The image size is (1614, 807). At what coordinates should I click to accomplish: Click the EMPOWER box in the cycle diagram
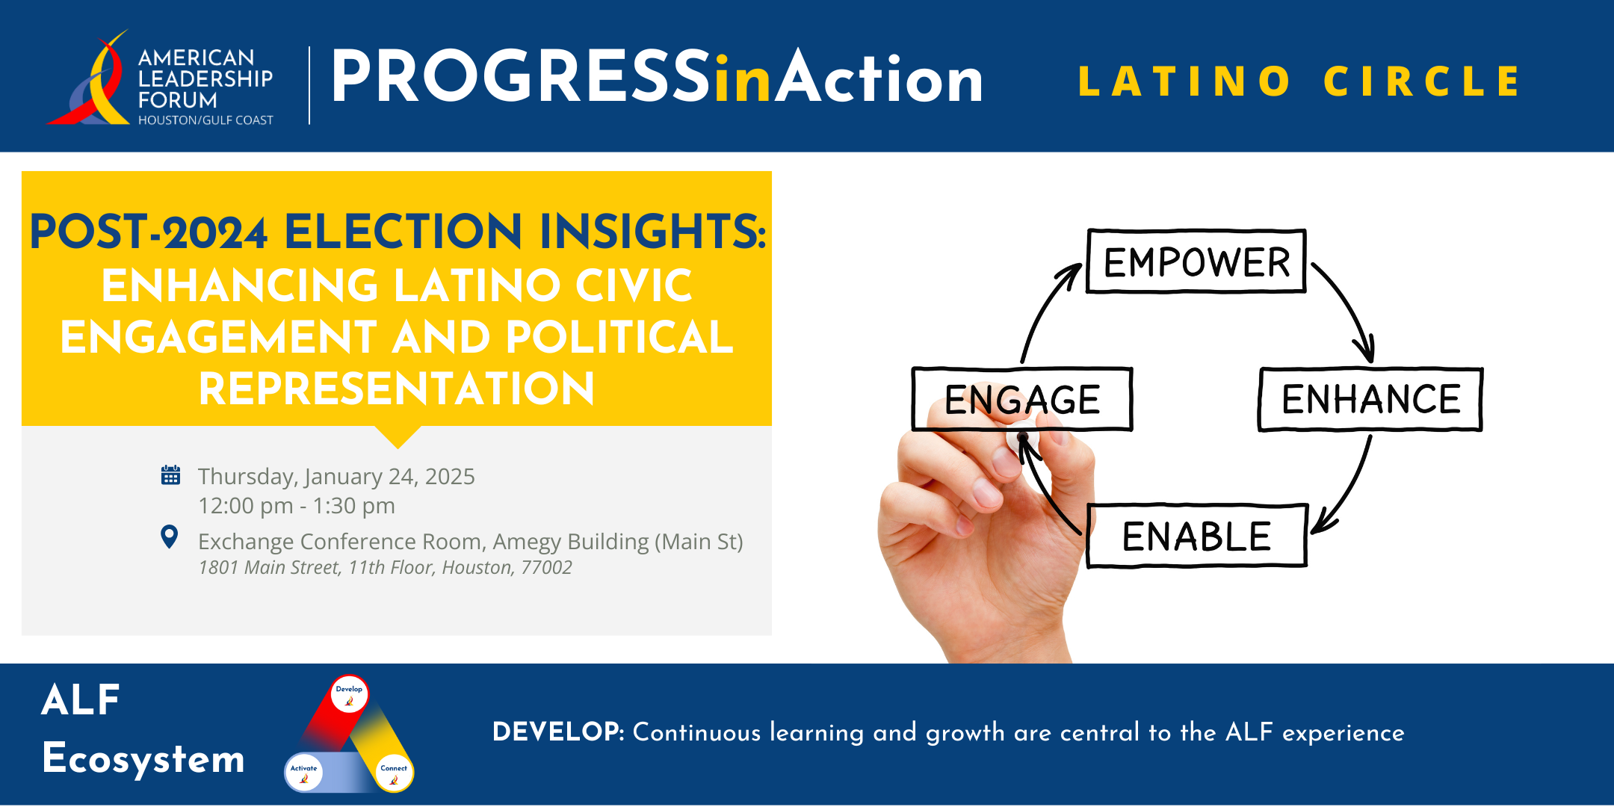coord(1196,261)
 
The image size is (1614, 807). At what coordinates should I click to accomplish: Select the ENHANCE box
coord(1370,399)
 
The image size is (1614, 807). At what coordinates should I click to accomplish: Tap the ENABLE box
coord(1196,536)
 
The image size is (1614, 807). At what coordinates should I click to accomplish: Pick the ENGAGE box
coord(1022,399)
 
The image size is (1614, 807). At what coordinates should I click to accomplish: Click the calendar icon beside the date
coord(170,475)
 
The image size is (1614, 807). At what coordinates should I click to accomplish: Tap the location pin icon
coord(170,537)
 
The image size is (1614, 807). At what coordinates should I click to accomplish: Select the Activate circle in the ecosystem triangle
coord(303,773)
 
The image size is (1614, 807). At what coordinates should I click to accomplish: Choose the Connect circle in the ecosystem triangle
coord(394,773)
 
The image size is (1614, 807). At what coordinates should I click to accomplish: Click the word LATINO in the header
coord(1184,81)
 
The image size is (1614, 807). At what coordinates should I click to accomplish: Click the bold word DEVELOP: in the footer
coord(558,732)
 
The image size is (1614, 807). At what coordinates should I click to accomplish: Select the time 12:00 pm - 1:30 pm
coord(297,506)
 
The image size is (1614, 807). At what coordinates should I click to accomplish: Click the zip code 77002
coord(546,568)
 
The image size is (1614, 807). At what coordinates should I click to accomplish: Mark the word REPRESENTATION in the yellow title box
coord(397,389)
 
